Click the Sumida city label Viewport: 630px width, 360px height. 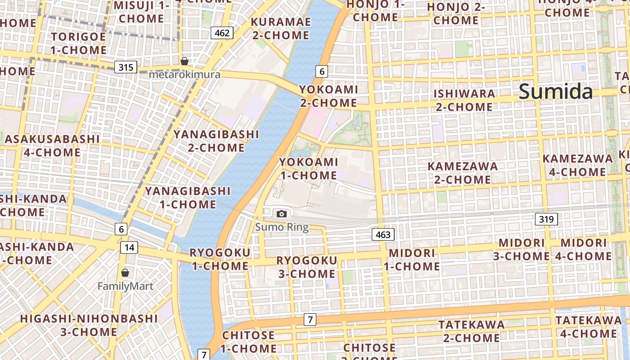click(556, 91)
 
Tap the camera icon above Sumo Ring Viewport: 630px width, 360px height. click(282, 214)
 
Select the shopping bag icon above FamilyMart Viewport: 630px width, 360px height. click(125, 273)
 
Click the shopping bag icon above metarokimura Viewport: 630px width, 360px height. click(184, 61)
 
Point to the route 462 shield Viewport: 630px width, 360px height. click(222, 33)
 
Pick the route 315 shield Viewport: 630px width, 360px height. click(126, 67)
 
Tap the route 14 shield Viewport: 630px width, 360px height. click(129, 247)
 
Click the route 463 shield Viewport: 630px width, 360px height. click(383, 234)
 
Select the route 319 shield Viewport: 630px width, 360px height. click(546, 219)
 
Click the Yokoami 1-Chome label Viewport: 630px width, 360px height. click(308, 168)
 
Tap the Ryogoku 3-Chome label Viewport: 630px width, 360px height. click(306, 267)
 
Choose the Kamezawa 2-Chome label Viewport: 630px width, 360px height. click(463, 173)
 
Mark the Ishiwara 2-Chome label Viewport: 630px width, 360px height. click(464, 100)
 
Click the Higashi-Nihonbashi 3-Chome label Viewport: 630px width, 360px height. click(89, 325)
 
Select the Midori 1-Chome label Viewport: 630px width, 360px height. click(412, 260)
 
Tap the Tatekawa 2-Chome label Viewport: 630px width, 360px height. click(472, 331)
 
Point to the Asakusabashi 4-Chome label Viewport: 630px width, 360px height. click(52, 145)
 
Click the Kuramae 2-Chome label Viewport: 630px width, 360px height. click(281, 28)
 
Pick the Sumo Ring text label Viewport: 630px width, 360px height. click(282, 227)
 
